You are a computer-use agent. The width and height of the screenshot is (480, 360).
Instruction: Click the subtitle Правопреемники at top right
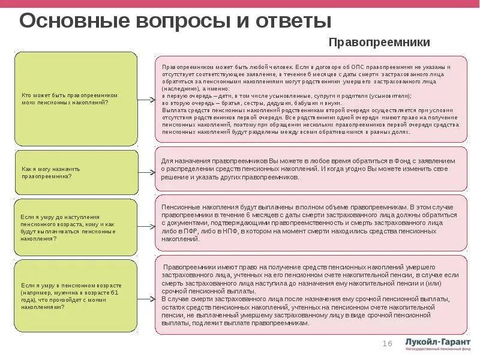379,43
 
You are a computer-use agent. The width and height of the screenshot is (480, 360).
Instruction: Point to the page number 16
387,343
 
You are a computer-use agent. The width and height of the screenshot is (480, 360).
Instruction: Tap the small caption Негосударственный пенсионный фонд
437,349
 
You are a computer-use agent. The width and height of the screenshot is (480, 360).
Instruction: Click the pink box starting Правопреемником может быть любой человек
311,99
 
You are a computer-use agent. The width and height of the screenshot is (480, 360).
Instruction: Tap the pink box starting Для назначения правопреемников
311,170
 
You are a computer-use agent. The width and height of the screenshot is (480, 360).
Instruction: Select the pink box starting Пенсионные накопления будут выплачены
311,223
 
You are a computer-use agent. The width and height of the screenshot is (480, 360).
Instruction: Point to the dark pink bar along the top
240,3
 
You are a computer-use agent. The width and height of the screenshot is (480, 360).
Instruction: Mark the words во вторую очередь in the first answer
182,103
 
